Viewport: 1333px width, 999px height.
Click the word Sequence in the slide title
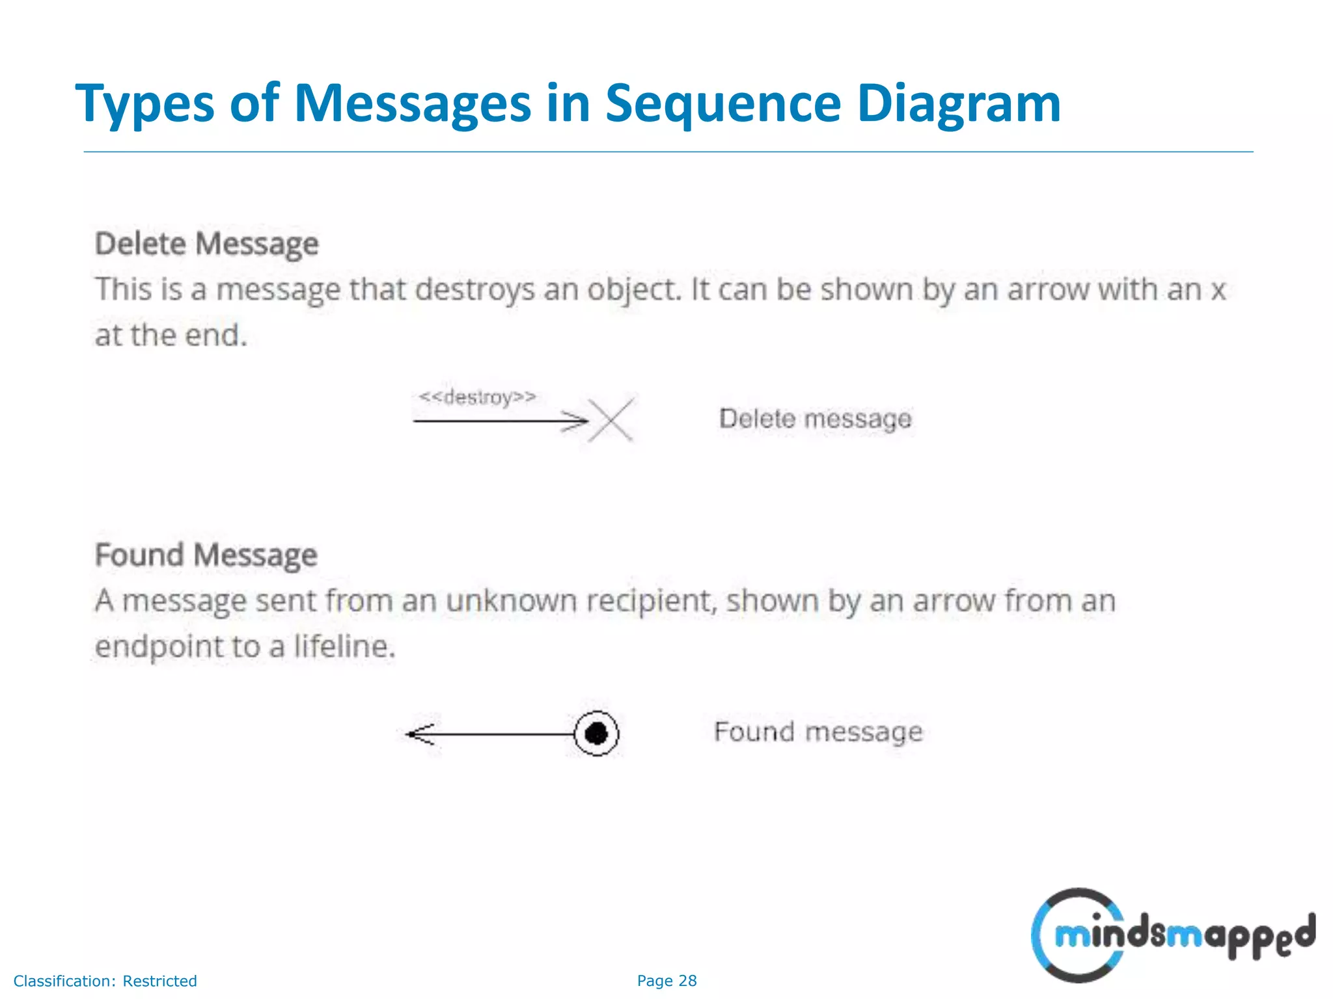coord(722,104)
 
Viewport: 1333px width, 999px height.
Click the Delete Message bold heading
coord(207,245)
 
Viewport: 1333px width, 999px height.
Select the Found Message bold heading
coord(206,555)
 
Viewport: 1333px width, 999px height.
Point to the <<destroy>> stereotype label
coord(477,397)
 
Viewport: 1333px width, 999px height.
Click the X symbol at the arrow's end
coord(611,420)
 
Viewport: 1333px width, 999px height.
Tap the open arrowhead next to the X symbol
coord(577,421)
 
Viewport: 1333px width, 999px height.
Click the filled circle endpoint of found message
coord(596,734)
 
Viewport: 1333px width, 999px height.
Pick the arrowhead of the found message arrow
coord(419,734)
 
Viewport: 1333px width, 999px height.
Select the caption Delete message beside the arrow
coord(815,419)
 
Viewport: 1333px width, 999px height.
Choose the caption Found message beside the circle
coord(818,732)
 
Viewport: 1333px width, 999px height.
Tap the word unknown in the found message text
coord(512,601)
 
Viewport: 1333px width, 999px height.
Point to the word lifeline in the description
coord(344,647)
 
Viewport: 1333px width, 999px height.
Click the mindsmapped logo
coord(1172,935)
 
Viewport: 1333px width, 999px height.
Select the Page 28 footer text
coord(666,981)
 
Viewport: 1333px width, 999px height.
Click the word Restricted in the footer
coord(159,981)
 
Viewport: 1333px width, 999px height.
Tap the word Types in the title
coord(144,104)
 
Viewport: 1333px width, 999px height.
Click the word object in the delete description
coord(634,290)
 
